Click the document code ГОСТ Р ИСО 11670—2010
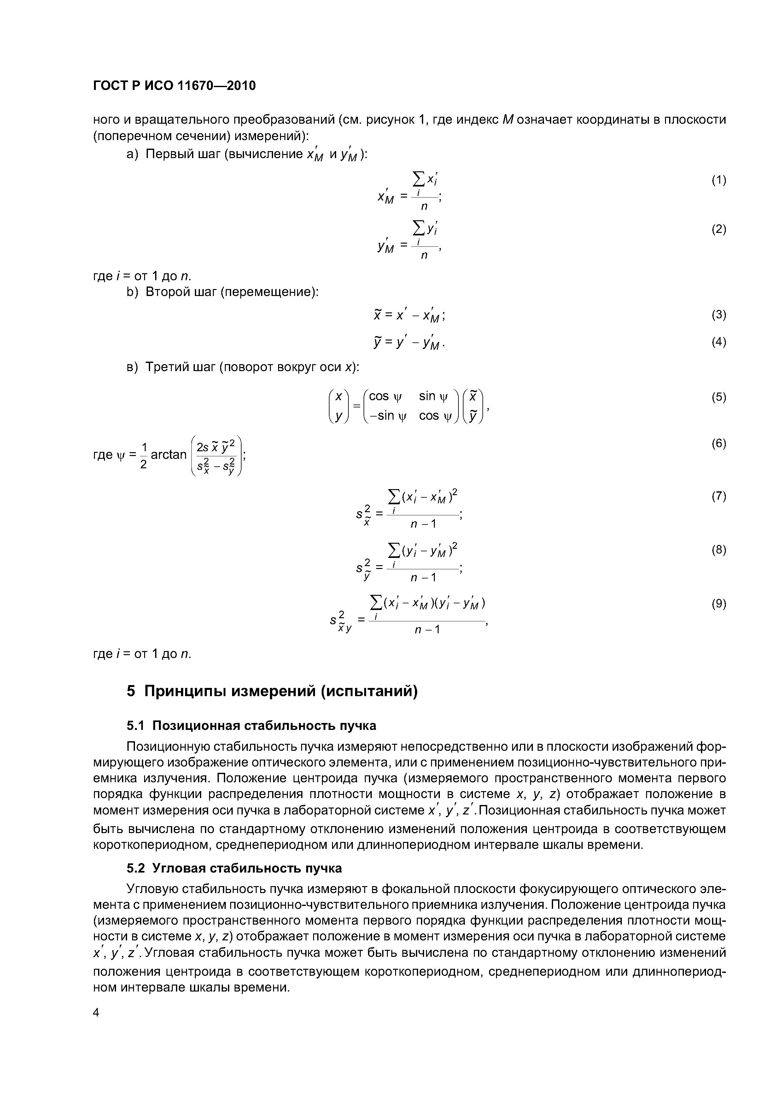174,86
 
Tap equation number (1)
718,180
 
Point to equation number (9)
718,604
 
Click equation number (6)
718,444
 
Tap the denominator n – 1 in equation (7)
423,524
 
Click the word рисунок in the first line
390,119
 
